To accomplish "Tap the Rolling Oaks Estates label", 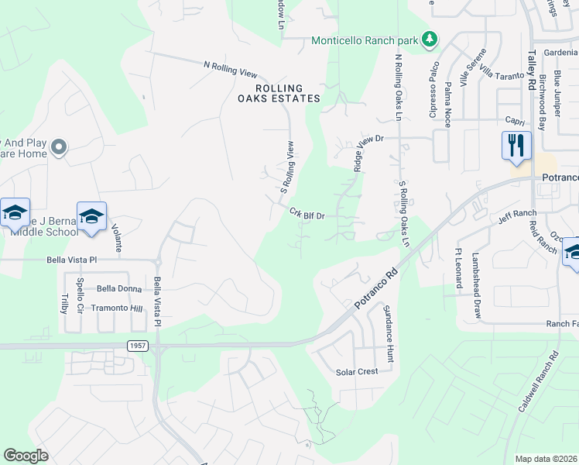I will pyautogui.click(x=278, y=93).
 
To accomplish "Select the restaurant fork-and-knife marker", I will pyautogui.click(x=516, y=146).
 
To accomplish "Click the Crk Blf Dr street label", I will pyautogui.click(x=306, y=213).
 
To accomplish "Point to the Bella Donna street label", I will pyautogui.click(x=119, y=289).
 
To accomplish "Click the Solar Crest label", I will pyautogui.click(x=357, y=372).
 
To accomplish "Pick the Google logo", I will pyautogui.click(x=26, y=456).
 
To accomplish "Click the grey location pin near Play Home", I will pyautogui.click(x=59, y=147).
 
